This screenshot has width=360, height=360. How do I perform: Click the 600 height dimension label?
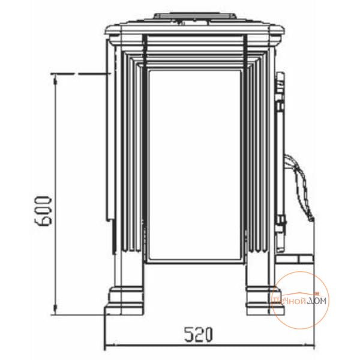pos(43,211)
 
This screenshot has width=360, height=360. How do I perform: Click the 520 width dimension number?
pos(199,334)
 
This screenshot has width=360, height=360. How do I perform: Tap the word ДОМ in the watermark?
pos(317,301)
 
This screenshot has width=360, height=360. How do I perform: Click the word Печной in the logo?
pos(289,301)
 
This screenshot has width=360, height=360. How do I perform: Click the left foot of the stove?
pos(124,301)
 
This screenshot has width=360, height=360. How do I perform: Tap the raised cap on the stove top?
pos(194,19)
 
